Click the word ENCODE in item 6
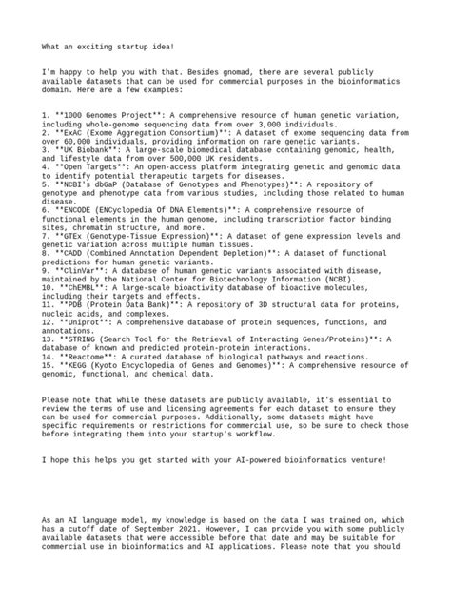(x=78, y=210)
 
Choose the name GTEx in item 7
(x=74, y=237)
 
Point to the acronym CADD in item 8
(x=73, y=254)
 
